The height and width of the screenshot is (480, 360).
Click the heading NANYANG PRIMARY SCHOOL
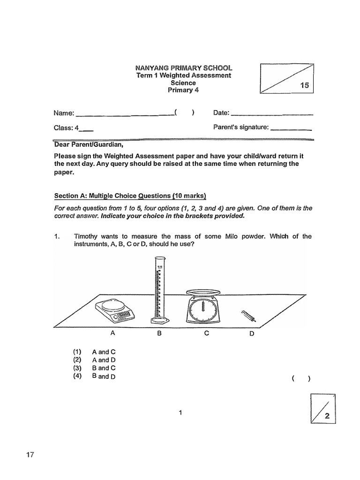183,68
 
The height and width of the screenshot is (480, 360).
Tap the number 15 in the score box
304,85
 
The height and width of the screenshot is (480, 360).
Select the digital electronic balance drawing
115,311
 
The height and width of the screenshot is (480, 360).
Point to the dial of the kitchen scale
203,310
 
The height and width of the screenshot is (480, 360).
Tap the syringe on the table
248,316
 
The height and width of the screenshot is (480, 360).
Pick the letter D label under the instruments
251,334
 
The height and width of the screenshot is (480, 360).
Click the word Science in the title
183,83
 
